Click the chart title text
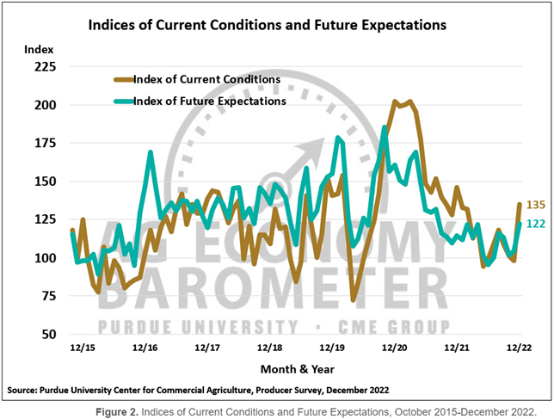pyautogui.click(x=268, y=25)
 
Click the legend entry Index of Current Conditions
pyautogui.click(x=208, y=79)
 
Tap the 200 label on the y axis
pyautogui.click(x=45, y=105)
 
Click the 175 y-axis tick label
pyautogui.click(x=45, y=143)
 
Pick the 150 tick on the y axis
pyautogui.click(x=45, y=182)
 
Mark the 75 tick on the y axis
pyautogui.click(x=47, y=296)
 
